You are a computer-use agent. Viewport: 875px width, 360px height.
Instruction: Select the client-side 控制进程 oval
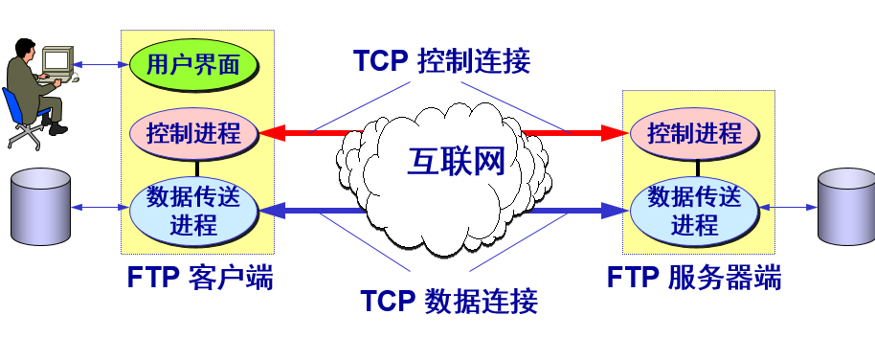click(194, 133)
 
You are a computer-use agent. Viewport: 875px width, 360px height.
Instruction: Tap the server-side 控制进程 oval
click(694, 133)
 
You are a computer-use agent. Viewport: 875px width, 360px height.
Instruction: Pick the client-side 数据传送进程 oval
click(194, 210)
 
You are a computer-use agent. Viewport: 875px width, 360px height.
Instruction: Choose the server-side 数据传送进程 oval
click(694, 210)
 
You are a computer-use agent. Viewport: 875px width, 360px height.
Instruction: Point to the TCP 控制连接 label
click(441, 61)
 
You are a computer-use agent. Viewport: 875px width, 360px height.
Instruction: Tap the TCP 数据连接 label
click(449, 301)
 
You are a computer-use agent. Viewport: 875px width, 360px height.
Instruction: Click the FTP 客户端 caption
click(200, 278)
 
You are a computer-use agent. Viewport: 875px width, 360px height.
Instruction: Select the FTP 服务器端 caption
click(694, 278)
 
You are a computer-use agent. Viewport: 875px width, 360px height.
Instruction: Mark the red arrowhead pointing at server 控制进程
click(616, 133)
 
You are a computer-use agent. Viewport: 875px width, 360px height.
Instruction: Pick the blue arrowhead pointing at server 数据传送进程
click(616, 210)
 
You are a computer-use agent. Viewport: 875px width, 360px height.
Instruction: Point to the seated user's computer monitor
click(56, 61)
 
